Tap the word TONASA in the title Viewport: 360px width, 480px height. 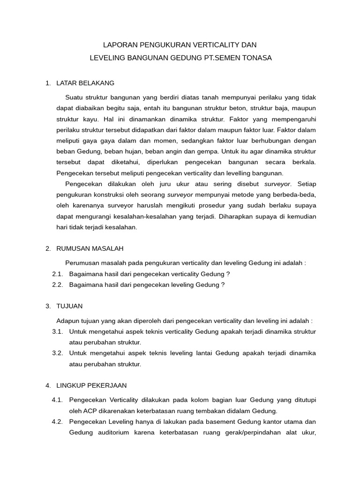[255, 58]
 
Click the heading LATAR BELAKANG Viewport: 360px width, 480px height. [85, 83]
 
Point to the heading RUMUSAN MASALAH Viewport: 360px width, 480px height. [90, 248]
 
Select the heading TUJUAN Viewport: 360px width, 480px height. [69, 306]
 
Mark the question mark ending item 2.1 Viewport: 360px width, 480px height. [228, 274]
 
